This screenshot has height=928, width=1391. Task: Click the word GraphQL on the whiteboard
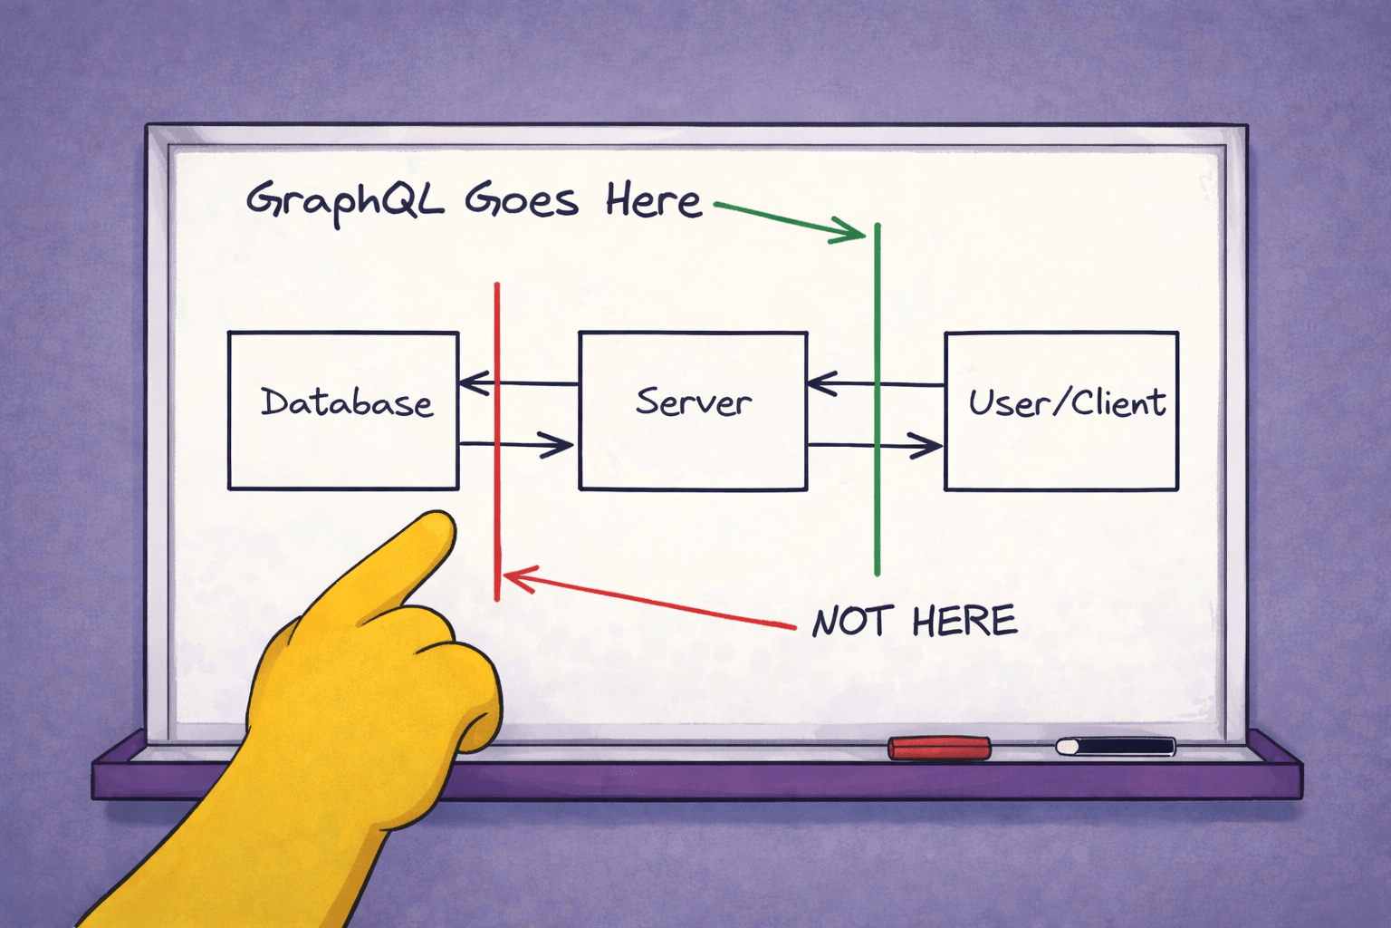pos(345,200)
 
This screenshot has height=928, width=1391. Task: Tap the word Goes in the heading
pos(521,200)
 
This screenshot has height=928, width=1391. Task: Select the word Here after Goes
pos(653,200)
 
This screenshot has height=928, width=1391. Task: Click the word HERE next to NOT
pos(964,621)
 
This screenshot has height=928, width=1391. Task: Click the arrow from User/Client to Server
pos(906,384)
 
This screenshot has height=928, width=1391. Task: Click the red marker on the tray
pos(939,748)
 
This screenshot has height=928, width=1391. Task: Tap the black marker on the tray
pos(1123,747)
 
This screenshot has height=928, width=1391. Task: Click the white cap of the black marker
pos(1068,747)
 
